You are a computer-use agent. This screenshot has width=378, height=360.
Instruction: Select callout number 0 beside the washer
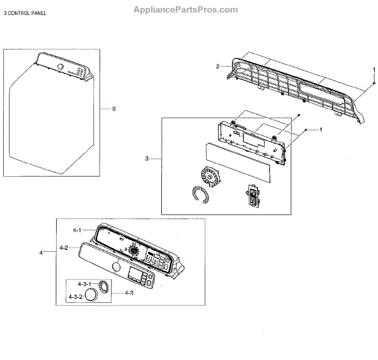click(x=114, y=109)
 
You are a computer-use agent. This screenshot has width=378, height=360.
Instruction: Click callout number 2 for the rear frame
click(x=217, y=66)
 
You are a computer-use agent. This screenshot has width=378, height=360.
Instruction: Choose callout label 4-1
click(x=77, y=230)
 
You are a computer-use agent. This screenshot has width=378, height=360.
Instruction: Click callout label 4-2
click(x=64, y=247)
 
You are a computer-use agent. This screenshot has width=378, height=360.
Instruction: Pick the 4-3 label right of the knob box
click(x=128, y=292)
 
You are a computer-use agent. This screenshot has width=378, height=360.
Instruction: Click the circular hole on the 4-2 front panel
click(x=115, y=268)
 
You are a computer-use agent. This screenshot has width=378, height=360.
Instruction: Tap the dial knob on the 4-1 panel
click(x=134, y=250)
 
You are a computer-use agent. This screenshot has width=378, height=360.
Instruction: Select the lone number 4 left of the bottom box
click(x=41, y=253)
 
